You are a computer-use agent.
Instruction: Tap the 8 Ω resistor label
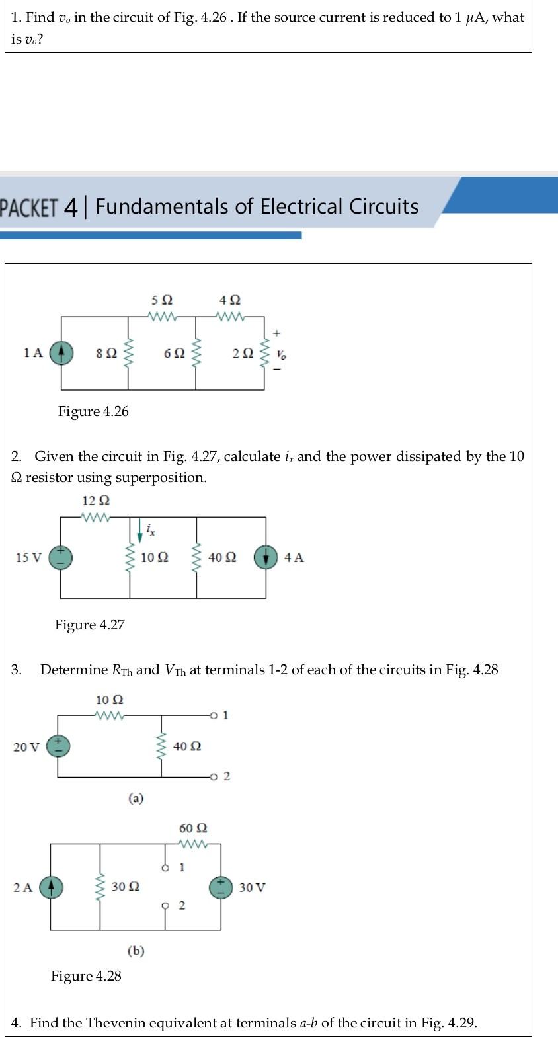107,354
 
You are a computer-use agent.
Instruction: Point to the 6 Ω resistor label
174,354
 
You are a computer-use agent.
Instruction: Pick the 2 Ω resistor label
243,354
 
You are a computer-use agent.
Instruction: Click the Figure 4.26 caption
93,411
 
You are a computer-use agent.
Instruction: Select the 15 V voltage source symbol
61,557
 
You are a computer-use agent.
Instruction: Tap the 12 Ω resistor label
96,501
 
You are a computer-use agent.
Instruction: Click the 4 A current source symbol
266,557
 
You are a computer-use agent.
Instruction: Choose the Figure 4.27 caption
89,625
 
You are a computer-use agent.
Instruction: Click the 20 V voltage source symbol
59,746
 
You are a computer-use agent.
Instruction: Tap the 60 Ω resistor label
193,828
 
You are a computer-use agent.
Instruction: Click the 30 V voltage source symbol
221,887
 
